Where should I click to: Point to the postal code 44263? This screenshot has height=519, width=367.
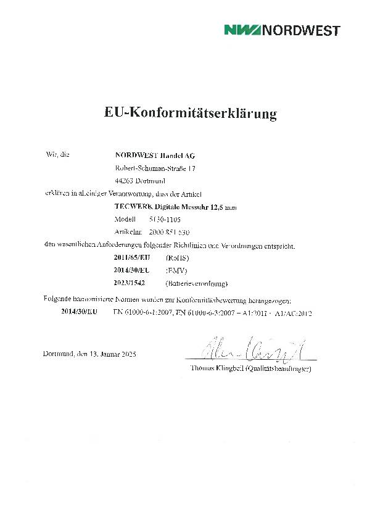coord(125,181)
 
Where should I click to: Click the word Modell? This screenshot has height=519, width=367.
coord(125,220)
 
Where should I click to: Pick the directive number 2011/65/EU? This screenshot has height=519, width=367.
coord(132,258)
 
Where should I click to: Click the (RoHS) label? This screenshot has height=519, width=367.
coord(178,258)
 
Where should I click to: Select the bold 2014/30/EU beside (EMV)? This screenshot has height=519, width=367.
coord(132,271)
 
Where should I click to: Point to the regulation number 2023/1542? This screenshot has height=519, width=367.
coord(130,284)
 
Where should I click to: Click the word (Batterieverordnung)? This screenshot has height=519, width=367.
coord(197,284)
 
